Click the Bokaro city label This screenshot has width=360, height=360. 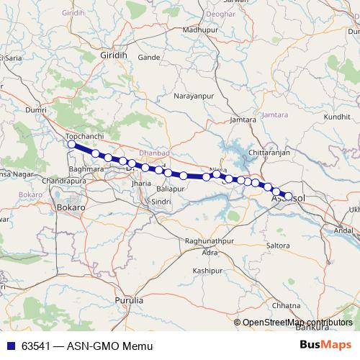pos(71,207)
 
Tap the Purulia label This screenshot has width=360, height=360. pos(130,300)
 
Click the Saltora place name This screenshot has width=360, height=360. pos(278,246)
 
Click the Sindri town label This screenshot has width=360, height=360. pos(161,202)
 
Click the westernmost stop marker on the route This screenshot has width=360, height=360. pos(71,145)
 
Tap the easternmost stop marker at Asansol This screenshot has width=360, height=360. pos(289,196)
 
